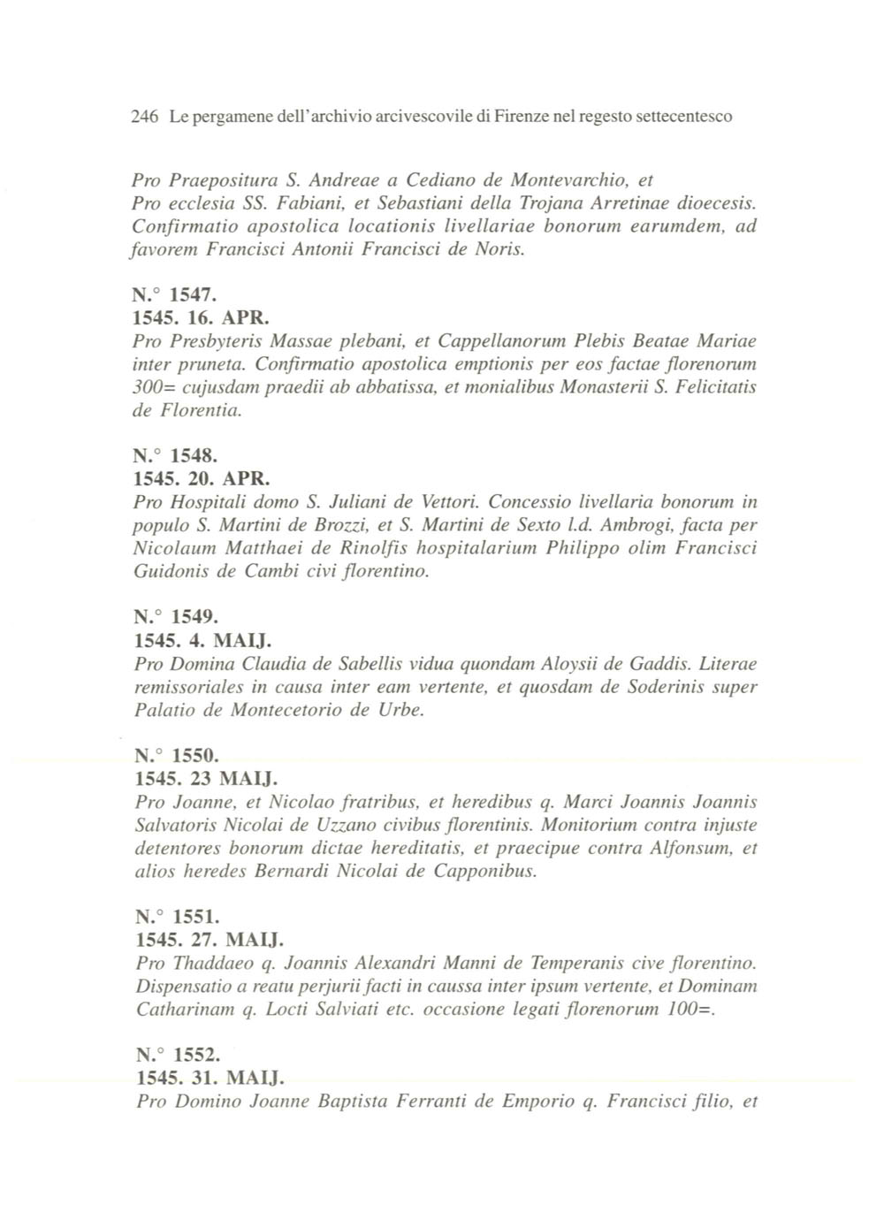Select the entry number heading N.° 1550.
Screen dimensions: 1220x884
(173, 756)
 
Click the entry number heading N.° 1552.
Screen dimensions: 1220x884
(173, 1056)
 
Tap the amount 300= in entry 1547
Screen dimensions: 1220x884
(154, 387)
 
